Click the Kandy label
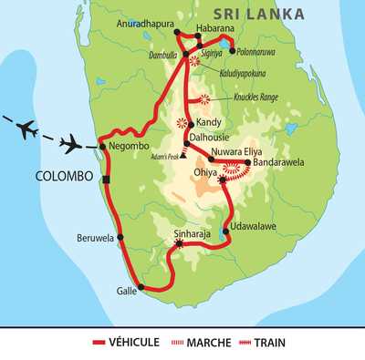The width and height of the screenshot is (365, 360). pos(209,121)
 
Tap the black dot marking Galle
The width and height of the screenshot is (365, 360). pos(142,289)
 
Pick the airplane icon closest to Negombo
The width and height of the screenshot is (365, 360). pos(71,141)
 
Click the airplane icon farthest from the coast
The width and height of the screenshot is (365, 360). pos(25,126)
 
